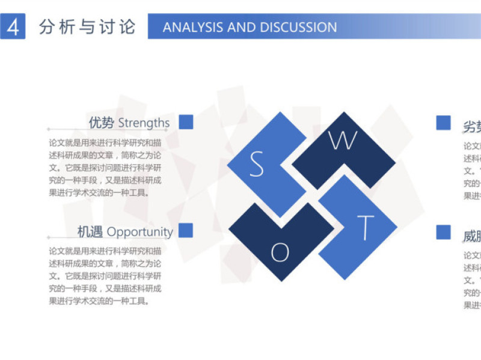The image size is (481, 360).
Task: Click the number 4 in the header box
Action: coord(13,27)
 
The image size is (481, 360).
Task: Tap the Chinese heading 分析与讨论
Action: coord(87,27)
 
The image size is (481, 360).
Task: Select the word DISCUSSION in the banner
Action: coord(298,27)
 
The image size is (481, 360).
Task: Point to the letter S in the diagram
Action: coord(257,164)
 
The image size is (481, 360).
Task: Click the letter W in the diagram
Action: coord(343,141)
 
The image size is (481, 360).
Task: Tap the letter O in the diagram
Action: coord(280,253)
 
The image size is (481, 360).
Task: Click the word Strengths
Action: coord(144,123)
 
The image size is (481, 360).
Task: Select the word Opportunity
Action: coord(139,232)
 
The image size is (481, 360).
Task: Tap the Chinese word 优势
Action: coord(101,123)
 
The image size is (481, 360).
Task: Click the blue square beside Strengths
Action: coord(186,122)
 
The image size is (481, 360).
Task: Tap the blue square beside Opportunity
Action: coord(186,230)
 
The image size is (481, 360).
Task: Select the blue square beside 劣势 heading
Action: coord(443,123)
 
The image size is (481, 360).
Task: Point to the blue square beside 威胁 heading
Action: coord(443,232)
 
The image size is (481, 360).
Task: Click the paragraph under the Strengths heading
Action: coord(105,168)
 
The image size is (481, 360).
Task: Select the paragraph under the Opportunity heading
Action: coord(105,276)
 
